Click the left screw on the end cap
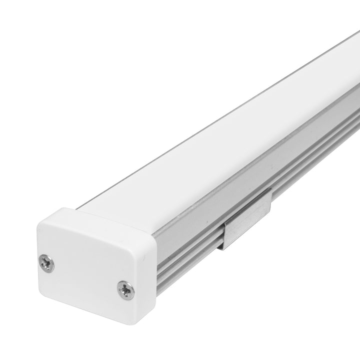(46, 263)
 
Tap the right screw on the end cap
(125, 289)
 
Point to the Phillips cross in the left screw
(46, 263)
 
